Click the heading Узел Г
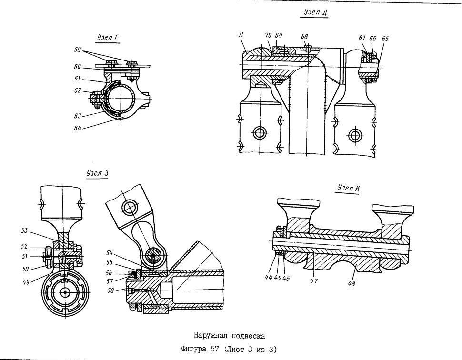click(108, 38)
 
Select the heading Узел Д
click(315, 12)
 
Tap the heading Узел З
click(98, 173)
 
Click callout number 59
click(78, 50)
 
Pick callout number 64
click(78, 128)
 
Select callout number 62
click(78, 90)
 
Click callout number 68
click(304, 36)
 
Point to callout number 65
click(385, 39)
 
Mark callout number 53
click(24, 230)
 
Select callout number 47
click(314, 280)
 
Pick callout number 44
click(269, 278)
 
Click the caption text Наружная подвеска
click(230, 336)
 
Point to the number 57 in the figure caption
click(214, 350)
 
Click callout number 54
click(110, 253)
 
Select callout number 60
click(78, 67)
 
